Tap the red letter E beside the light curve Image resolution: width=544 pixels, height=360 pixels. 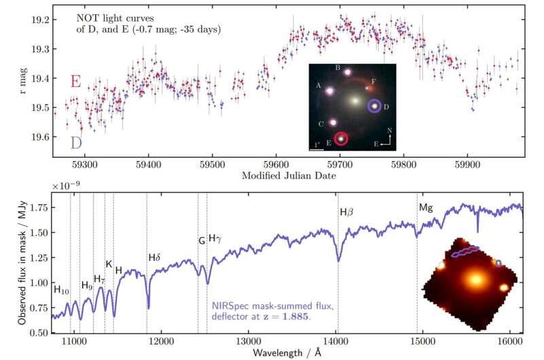click(76, 82)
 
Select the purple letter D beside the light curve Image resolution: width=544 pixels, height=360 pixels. click(77, 142)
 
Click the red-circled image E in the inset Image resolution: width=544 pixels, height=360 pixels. click(341, 139)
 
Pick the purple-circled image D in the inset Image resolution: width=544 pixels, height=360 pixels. click(374, 106)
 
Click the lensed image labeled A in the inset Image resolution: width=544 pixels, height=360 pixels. click(330, 90)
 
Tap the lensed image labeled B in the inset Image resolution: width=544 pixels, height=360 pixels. click(348, 72)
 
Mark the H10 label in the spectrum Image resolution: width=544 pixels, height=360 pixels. click(62, 290)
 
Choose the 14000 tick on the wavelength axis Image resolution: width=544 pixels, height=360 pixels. click(336, 343)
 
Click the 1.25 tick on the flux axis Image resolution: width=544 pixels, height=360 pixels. click(39, 257)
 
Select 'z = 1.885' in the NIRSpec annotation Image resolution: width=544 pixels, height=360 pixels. click(287, 318)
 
